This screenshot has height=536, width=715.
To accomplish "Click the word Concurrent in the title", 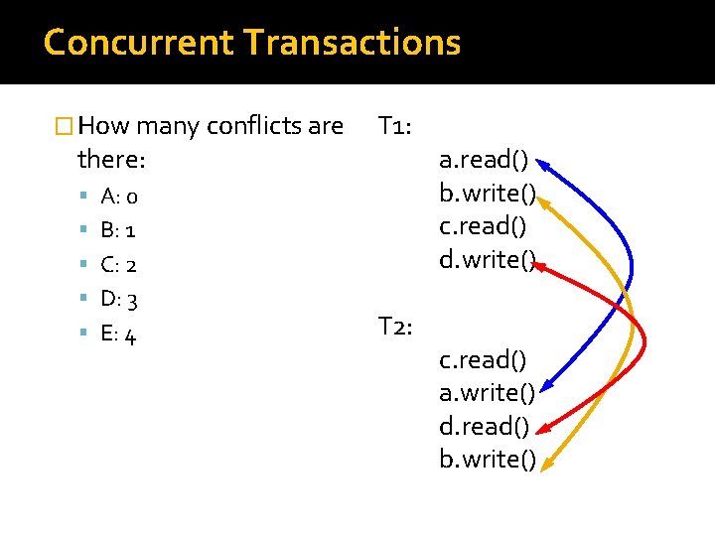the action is point(138,43).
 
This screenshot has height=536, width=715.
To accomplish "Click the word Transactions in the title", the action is point(352,43).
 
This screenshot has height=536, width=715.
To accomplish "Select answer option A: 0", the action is point(126,196).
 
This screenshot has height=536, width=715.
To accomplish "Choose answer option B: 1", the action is point(119,230).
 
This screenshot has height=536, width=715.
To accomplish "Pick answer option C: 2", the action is point(119,265).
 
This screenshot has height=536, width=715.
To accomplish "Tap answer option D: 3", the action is point(119,299).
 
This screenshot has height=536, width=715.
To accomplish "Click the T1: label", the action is point(401,126).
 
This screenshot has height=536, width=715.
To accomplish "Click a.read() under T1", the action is point(485,160).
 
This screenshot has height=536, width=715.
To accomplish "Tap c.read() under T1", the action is point(483,226).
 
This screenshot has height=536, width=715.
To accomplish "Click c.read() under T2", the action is point(483,359).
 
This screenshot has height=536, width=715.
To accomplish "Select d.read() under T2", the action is point(485,426).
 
